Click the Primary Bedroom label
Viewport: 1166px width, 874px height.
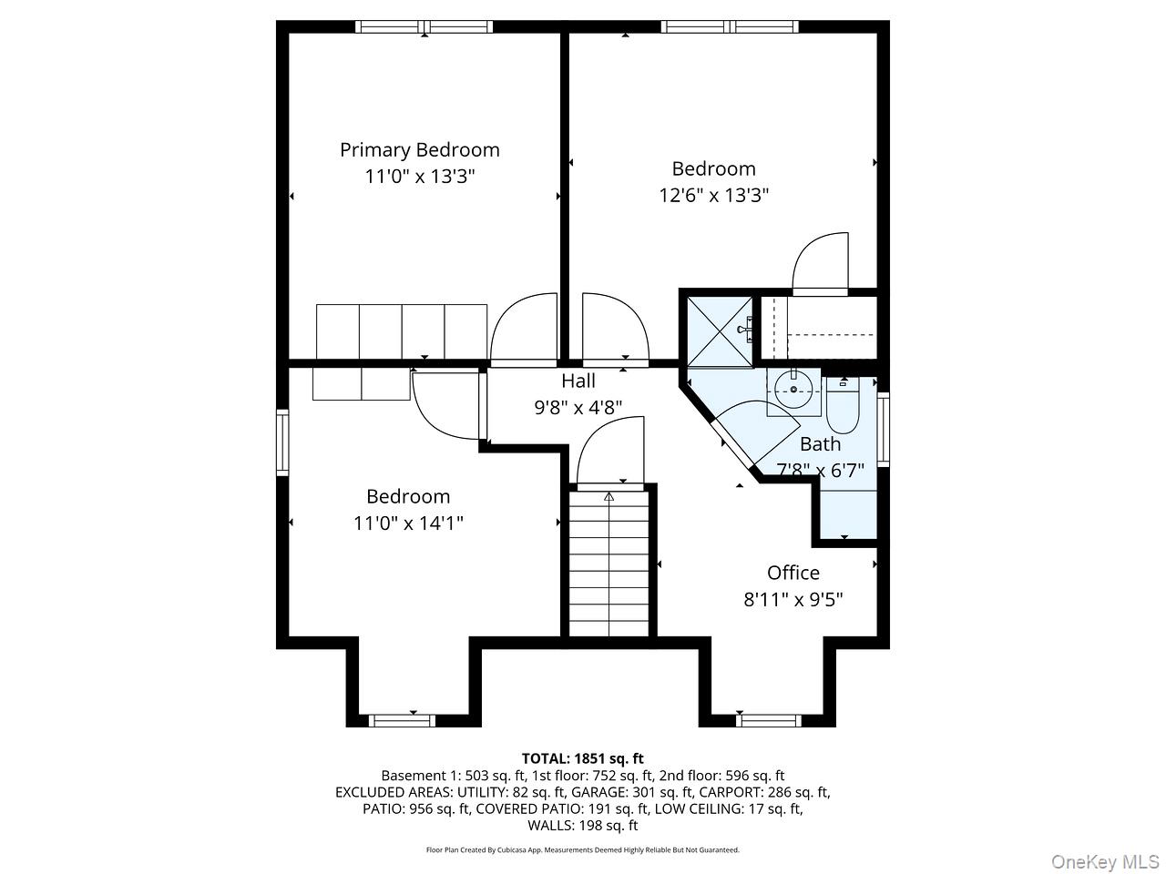[x=420, y=149]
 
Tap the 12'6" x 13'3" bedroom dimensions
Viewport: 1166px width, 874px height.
[x=714, y=195]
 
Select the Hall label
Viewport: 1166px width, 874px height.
[x=578, y=381]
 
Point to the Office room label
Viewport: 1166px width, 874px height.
[x=793, y=573]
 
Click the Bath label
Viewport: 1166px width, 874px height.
[x=820, y=444]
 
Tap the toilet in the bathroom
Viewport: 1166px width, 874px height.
[x=843, y=409]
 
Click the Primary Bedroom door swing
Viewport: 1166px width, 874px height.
[x=524, y=328]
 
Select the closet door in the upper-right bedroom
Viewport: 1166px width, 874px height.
[x=821, y=264]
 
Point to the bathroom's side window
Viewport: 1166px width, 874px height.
[x=883, y=429]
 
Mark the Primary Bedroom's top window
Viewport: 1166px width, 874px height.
[x=424, y=26]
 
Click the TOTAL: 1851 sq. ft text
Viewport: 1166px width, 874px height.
[x=582, y=758]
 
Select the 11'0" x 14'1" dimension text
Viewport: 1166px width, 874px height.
[x=408, y=523]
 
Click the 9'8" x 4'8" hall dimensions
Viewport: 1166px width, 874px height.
[x=578, y=407]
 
